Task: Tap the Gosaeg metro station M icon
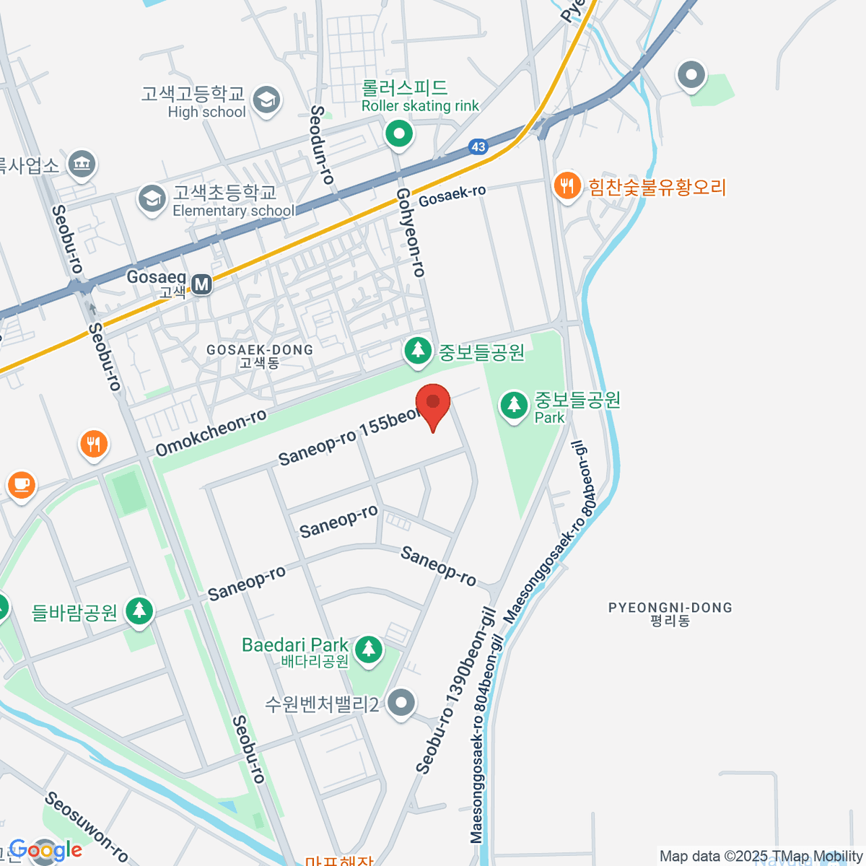(201, 284)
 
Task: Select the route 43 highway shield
(478, 146)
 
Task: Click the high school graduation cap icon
(267, 100)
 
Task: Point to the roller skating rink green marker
(398, 134)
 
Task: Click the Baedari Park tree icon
(369, 648)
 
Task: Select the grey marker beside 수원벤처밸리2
(401, 702)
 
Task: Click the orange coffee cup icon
(22, 484)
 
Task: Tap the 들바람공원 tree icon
(139, 611)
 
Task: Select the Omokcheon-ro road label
(211, 433)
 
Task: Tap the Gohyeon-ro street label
(411, 232)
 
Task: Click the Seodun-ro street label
(322, 144)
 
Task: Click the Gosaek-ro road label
(452, 195)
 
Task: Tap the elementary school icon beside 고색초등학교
(152, 200)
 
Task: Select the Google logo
(45, 850)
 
